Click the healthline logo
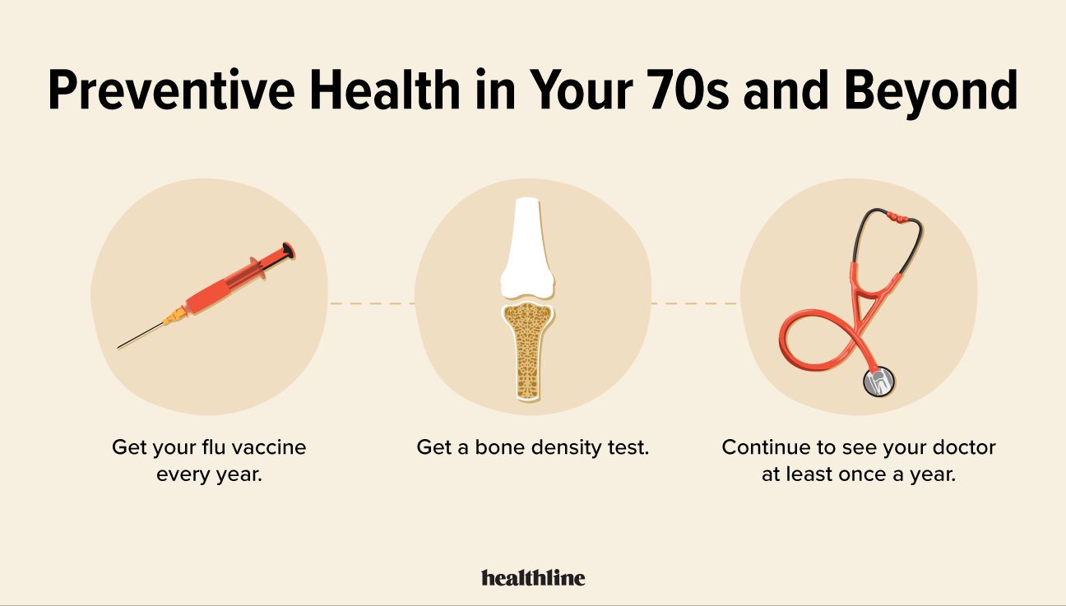point(533,577)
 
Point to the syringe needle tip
point(120,347)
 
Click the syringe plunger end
point(287,249)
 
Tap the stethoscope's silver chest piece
point(878,381)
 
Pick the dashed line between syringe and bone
point(371,303)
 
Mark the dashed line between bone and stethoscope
point(693,303)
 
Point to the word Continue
point(762,448)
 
